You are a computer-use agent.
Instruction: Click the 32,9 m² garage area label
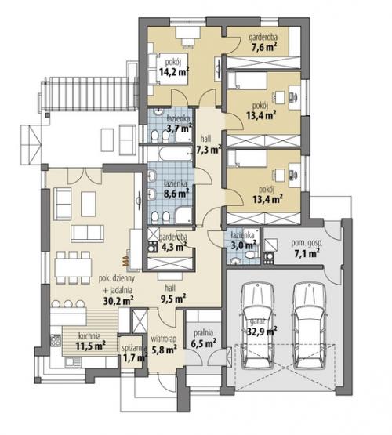[262, 331]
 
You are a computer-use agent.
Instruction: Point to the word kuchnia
[89, 336]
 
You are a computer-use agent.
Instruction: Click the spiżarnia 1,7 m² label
[134, 353]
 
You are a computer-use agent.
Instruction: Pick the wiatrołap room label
[164, 339]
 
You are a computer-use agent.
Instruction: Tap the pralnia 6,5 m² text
[204, 338]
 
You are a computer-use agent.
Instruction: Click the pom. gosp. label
[307, 243]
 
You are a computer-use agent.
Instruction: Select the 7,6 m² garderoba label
[263, 42]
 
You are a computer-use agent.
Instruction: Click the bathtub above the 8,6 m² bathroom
[175, 154]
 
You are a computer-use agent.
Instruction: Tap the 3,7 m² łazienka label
[180, 124]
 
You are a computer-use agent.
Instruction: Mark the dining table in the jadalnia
[73, 267]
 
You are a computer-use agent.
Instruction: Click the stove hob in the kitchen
[56, 340]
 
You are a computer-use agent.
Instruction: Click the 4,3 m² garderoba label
[173, 241]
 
